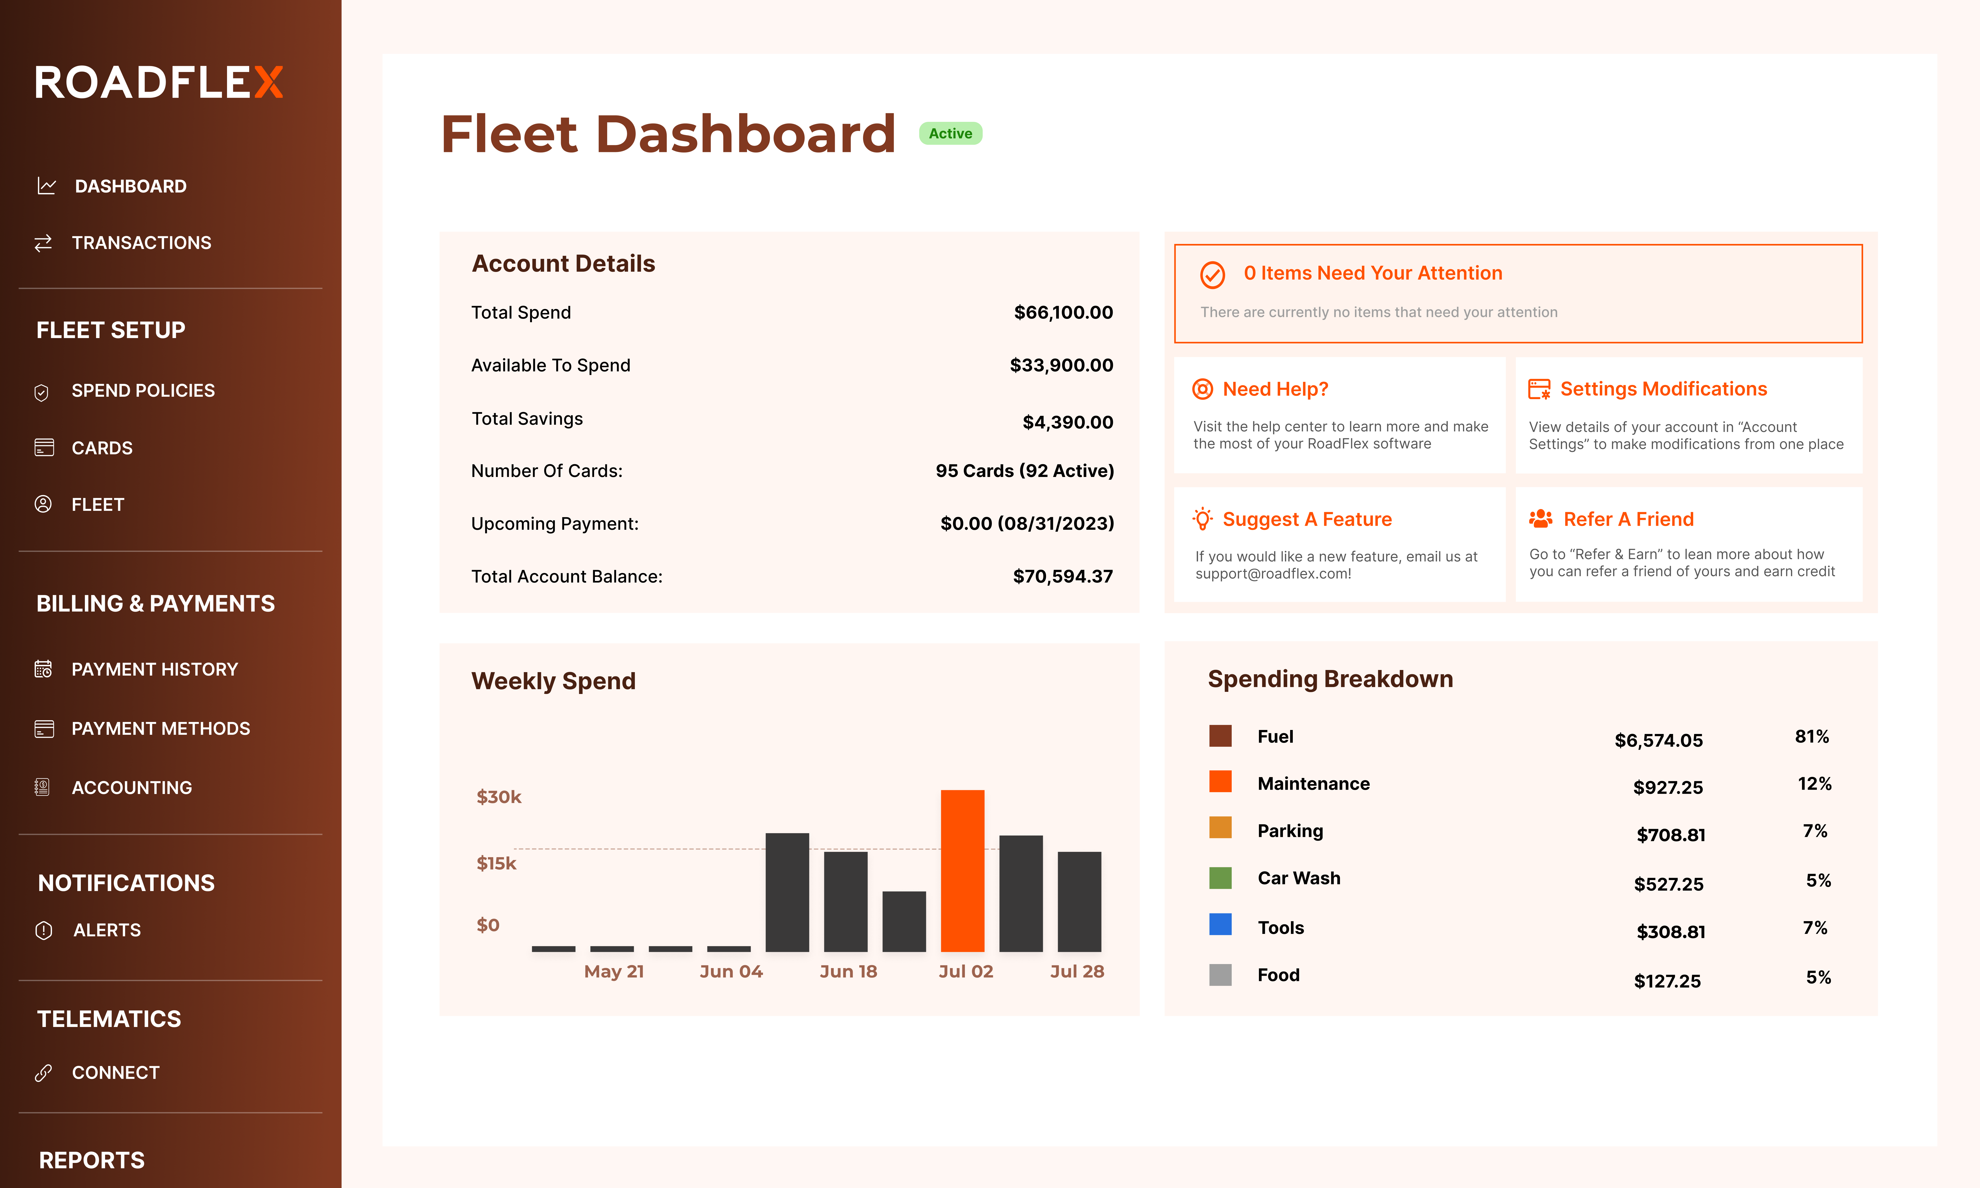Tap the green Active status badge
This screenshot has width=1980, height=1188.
click(950, 134)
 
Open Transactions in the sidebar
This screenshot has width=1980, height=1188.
click(141, 243)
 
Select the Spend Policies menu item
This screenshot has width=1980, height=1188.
click(142, 391)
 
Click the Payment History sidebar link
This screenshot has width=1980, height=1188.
click(154, 669)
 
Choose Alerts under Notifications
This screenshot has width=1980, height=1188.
click(106, 930)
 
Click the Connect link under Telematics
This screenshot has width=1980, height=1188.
click(115, 1073)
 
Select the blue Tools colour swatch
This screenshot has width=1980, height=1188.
click(1220, 925)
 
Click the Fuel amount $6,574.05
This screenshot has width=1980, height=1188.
click(1658, 740)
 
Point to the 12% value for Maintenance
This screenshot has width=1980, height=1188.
click(1814, 784)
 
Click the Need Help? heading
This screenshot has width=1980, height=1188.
click(1275, 389)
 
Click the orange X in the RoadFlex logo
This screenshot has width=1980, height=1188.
click(269, 82)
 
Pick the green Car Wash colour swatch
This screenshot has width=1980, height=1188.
click(1220, 878)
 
